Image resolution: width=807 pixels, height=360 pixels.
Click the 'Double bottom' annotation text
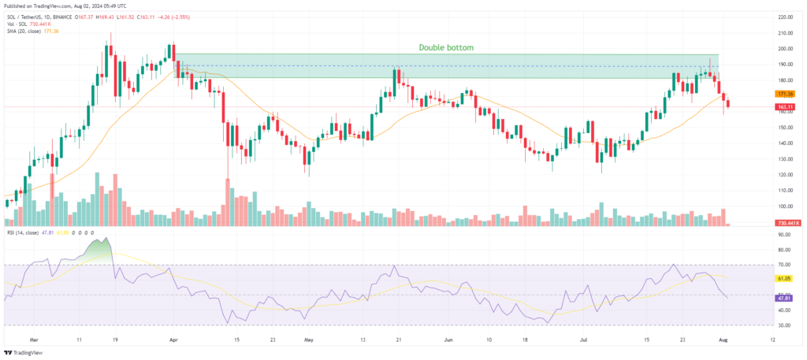[446, 47]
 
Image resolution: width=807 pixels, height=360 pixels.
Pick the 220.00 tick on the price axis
[785, 17]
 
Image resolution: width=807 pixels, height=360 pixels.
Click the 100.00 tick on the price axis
[785, 206]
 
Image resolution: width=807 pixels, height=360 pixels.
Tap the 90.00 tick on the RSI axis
[785, 235]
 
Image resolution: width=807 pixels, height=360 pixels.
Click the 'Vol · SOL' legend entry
[18, 22]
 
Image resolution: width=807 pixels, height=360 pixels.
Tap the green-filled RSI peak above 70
[98, 248]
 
